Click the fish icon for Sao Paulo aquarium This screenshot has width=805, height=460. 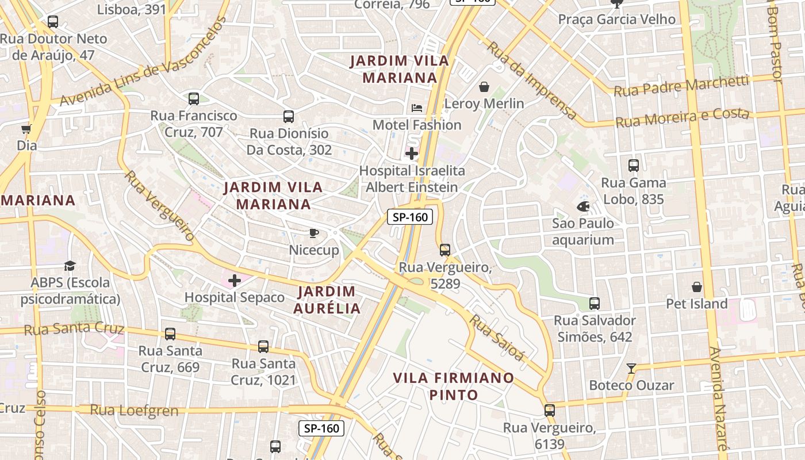583,206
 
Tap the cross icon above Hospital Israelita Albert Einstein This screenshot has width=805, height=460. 412,154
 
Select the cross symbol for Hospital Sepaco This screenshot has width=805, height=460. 235,281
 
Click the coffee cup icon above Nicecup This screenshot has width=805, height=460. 313,233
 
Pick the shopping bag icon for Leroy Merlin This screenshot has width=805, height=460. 484,87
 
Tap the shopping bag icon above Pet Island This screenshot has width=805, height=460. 697,286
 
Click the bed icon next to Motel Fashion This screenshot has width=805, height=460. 417,108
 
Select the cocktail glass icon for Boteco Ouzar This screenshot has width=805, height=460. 631,368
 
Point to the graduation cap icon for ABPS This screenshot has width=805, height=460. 70,266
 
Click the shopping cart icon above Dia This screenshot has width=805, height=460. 26,129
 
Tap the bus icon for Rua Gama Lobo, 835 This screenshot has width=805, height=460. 634,166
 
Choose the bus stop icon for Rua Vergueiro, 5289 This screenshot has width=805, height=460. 445,250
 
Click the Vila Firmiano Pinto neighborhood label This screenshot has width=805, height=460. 453,386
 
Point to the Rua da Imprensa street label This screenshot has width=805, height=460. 532,80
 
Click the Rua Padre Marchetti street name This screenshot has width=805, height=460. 681,86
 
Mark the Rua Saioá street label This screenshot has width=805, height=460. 497,338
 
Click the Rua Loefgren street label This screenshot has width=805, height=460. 134,411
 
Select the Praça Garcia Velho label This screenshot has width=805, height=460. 617,20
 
